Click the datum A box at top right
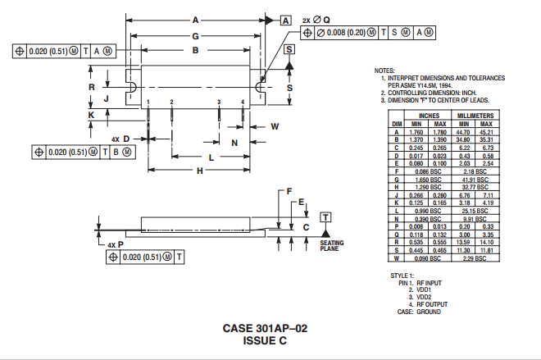click(x=285, y=20)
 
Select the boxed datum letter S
click(x=289, y=50)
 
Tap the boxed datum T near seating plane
click(x=325, y=216)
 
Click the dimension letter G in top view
click(x=196, y=36)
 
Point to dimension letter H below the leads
click(x=199, y=171)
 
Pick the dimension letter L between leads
click(x=211, y=156)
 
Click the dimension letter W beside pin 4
click(x=275, y=126)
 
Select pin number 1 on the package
click(x=148, y=102)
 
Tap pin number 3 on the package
click(x=220, y=102)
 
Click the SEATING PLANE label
click(x=331, y=245)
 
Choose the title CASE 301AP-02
click(x=265, y=328)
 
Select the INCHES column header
click(x=429, y=116)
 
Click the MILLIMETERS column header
click(x=475, y=116)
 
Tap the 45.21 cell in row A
click(x=486, y=132)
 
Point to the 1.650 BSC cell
click(x=429, y=179)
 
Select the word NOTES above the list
click(x=384, y=71)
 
